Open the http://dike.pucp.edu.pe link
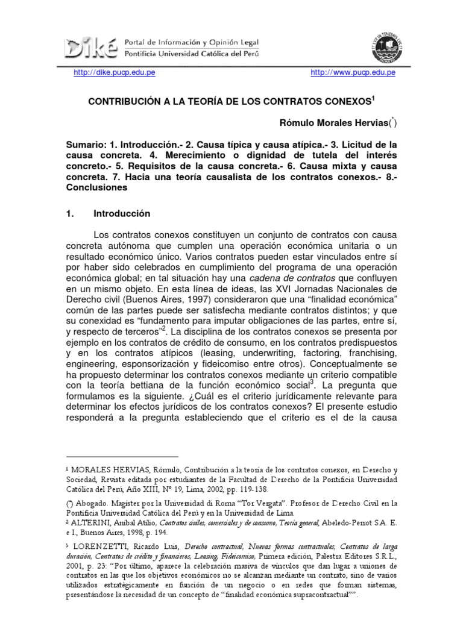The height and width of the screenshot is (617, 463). click(x=106, y=74)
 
